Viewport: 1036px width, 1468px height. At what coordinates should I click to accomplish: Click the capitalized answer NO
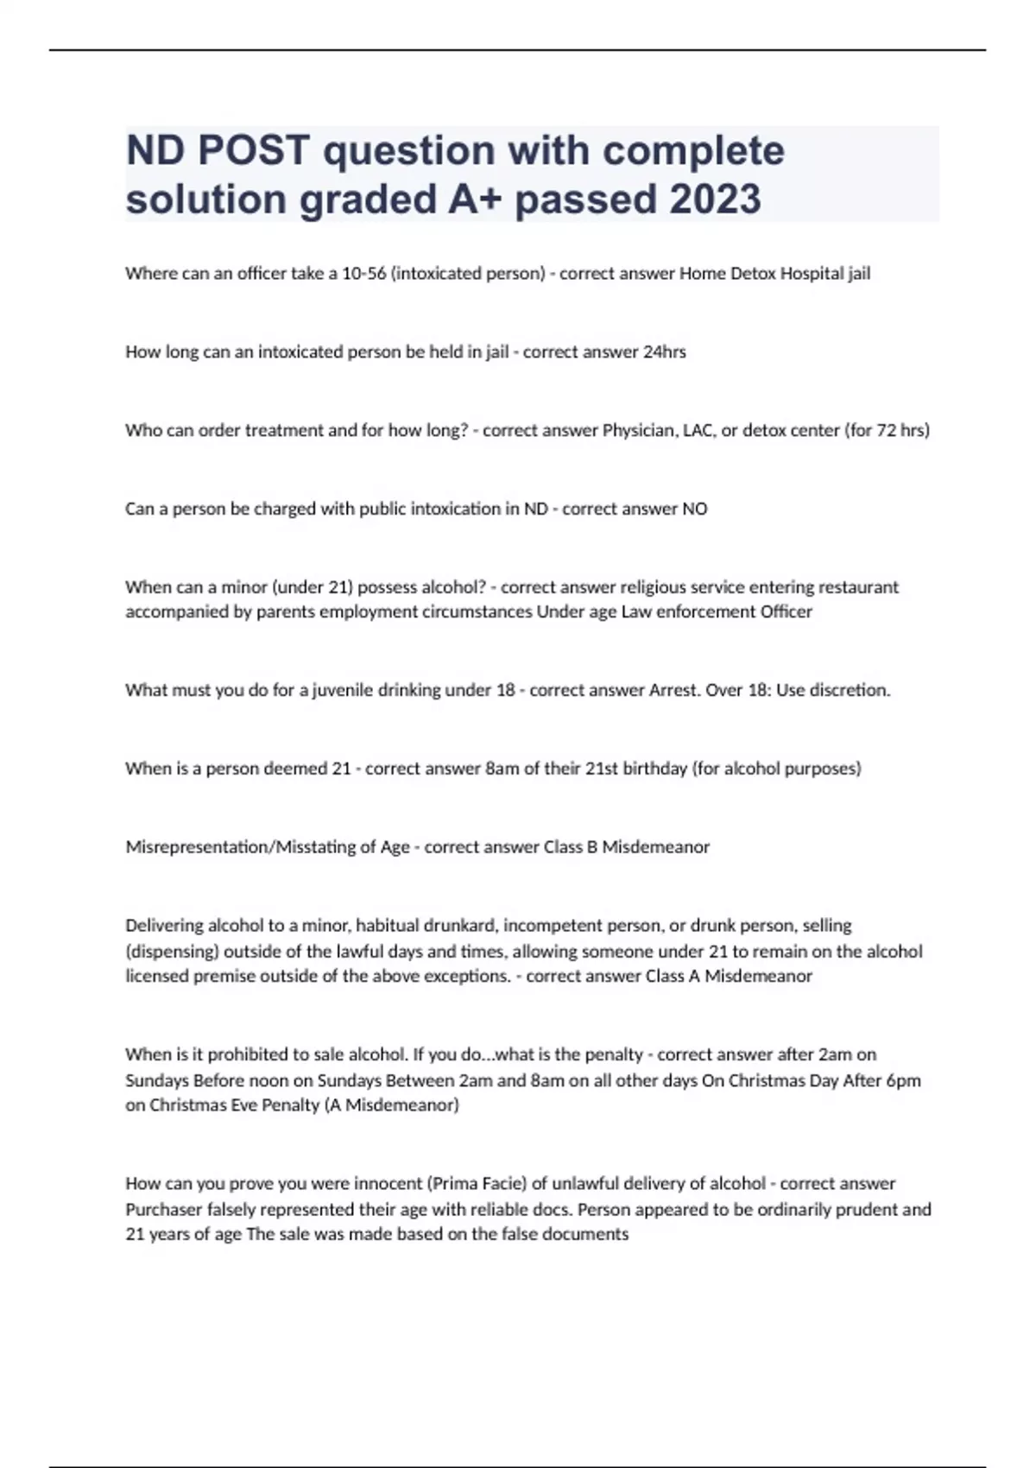coord(695,509)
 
